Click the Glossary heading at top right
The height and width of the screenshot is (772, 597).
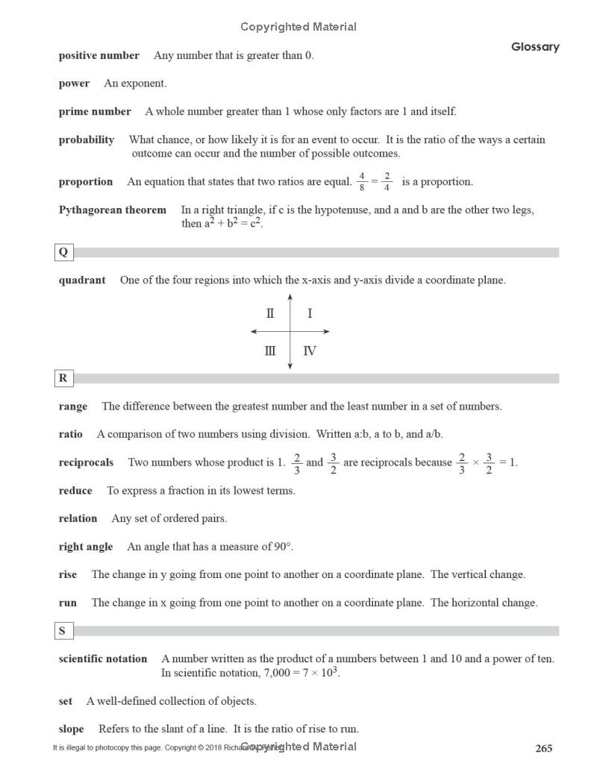click(x=534, y=47)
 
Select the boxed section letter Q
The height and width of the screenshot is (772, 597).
click(x=63, y=252)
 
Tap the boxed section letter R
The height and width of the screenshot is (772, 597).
click(x=63, y=378)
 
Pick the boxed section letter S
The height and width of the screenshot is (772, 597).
click(x=63, y=631)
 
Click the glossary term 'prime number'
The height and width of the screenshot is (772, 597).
click(x=95, y=112)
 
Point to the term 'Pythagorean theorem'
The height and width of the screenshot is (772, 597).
click(x=113, y=210)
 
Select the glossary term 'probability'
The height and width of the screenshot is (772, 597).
click(x=87, y=140)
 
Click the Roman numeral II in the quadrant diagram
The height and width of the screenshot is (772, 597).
click(x=270, y=314)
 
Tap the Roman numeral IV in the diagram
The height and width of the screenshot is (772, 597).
click(x=310, y=351)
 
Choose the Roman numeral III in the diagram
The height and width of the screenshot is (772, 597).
click(x=269, y=351)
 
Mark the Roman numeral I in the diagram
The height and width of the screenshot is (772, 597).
click(x=310, y=314)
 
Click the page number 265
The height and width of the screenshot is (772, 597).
click(x=543, y=748)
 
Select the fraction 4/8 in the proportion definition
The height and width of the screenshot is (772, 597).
click(x=362, y=182)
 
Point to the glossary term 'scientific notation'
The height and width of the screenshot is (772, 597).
click(x=103, y=659)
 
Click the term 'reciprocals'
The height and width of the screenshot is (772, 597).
click(x=87, y=462)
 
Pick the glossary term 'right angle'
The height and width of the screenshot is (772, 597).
click(x=86, y=547)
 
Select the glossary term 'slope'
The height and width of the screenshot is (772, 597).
click(x=71, y=729)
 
